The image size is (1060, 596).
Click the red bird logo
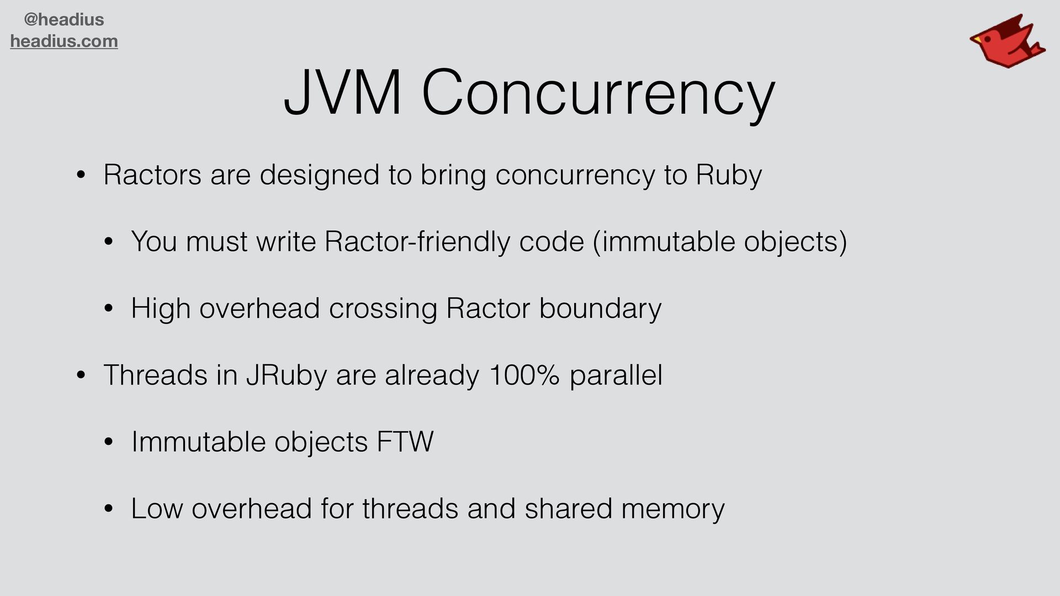pos(1006,41)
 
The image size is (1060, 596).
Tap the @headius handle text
pos(64,20)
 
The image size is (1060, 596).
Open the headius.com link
pos(64,41)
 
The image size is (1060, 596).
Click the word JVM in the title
pos(342,93)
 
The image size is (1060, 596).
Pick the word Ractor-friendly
pos(417,242)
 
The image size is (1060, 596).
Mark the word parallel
pos(616,375)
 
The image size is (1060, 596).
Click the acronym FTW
pos(405,442)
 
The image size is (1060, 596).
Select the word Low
pos(157,509)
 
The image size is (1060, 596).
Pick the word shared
pos(568,509)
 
